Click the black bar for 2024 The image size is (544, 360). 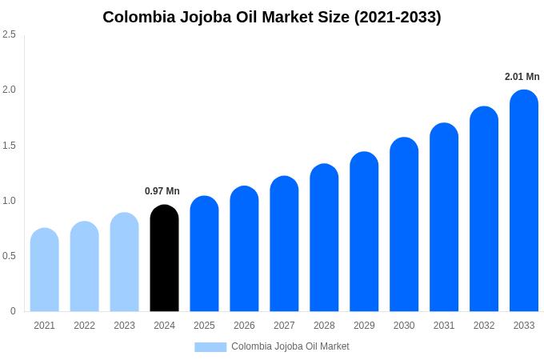click(164, 260)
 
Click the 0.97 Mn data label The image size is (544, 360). click(162, 191)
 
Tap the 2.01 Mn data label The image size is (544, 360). click(522, 77)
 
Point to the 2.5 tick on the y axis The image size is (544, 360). click(9, 34)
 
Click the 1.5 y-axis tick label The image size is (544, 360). click(9, 146)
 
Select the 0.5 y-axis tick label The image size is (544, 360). click(9, 256)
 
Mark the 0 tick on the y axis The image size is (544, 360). click(13, 311)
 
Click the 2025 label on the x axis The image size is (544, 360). click(204, 326)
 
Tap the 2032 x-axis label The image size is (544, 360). click(484, 326)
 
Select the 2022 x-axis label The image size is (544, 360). click(84, 326)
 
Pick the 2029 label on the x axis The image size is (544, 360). click(364, 326)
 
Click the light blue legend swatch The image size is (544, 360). click(210, 347)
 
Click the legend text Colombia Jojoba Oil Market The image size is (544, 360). click(290, 346)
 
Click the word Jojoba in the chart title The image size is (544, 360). click(211, 17)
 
